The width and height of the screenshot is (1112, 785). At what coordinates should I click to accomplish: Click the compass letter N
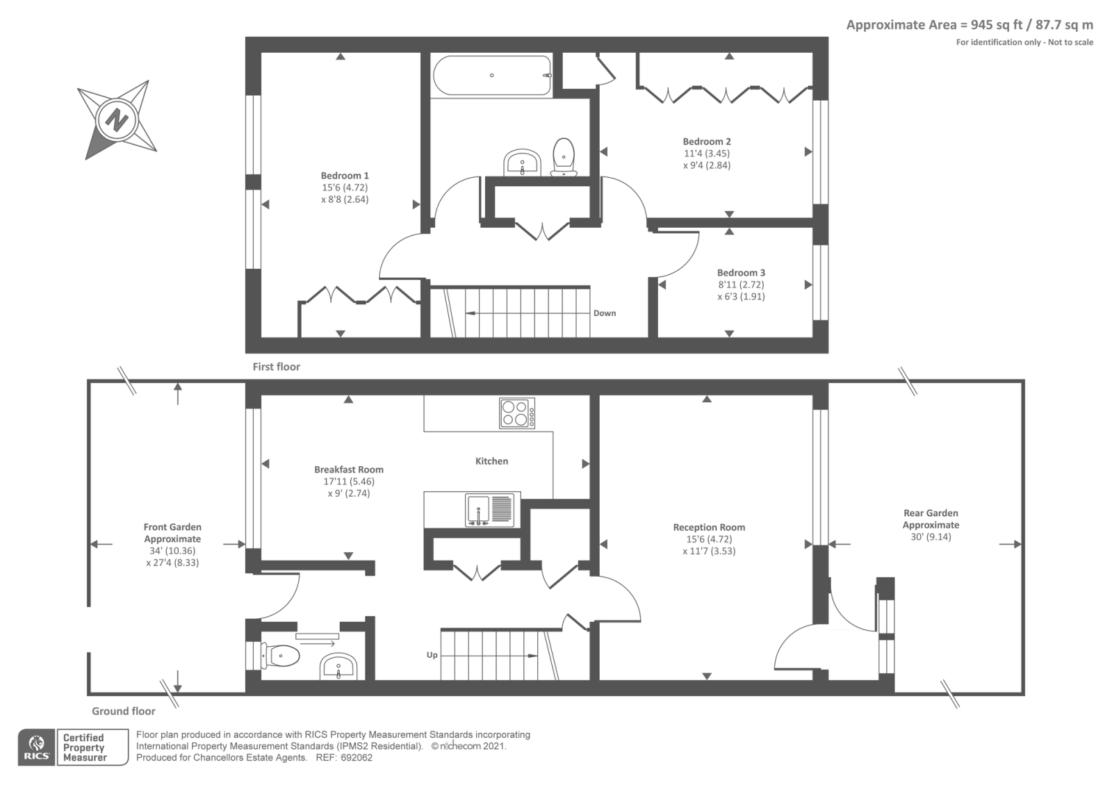pos(117,119)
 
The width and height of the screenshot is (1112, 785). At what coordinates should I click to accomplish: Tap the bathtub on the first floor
pos(492,76)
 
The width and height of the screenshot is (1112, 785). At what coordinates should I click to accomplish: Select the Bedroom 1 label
pos(345,176)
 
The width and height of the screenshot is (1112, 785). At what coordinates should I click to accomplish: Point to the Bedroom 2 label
pos(706,142)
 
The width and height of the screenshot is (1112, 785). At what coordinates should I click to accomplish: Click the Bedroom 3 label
pos(741,272)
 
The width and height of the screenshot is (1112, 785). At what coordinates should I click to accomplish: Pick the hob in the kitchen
pos(517,413)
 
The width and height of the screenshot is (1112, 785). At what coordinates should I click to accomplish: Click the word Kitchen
pos(491,461)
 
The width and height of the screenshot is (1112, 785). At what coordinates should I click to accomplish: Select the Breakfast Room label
pos(348,470)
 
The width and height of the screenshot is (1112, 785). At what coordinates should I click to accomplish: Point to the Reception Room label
pos(709,527)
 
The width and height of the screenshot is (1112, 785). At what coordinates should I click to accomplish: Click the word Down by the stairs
pos(605,313)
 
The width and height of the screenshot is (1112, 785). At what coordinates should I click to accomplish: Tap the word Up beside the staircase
pos(432,655)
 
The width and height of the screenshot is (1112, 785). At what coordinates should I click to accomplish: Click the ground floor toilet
pos(280,656)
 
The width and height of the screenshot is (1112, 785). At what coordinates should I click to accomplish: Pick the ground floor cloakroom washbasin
pos(338,666)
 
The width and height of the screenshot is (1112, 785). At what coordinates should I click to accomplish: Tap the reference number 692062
pos(357,758)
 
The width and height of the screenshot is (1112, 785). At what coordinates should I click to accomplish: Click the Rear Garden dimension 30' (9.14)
pos(931,536)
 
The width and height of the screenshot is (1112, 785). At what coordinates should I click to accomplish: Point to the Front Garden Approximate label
pos(172,533)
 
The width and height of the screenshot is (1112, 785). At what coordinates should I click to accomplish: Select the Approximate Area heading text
pos(970,25)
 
